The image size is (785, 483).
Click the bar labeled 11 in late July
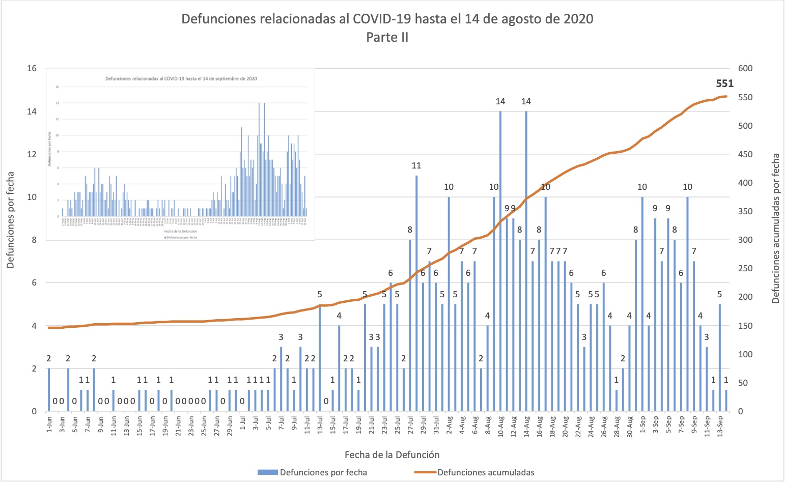416,293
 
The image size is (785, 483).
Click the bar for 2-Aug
448,304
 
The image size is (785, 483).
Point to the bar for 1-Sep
642,304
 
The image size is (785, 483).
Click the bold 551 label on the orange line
724,84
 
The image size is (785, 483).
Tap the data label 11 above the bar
416,165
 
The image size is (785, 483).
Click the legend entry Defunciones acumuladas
486,472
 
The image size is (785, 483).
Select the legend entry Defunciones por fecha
323,472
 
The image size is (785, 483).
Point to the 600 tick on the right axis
745,68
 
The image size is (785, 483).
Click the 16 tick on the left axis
32,68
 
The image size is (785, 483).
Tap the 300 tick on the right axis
745,240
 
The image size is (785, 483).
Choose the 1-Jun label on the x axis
49,424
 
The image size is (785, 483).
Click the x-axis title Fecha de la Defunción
392,454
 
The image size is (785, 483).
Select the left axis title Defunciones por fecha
11,220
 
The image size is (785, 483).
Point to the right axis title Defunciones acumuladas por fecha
775,229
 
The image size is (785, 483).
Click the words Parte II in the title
387,37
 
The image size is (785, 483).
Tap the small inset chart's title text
181,79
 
